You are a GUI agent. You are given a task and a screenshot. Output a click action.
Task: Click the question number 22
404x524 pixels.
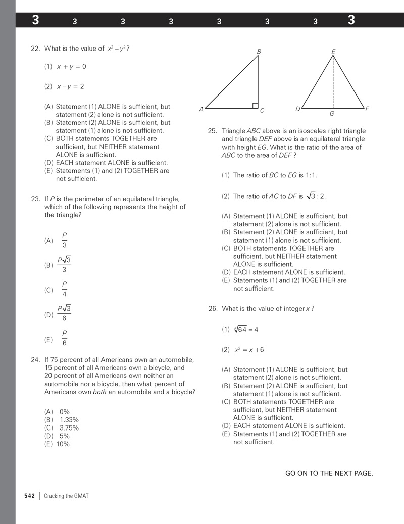click(35, 49)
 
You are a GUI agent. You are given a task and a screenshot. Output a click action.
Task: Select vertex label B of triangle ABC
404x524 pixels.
click(259, 52)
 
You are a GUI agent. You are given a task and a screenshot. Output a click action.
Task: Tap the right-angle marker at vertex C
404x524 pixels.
click(255, 105)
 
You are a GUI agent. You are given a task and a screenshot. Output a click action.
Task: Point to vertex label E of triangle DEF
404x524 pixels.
click(333, 52)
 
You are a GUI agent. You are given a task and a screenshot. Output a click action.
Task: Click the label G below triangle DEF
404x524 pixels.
click(332, 114)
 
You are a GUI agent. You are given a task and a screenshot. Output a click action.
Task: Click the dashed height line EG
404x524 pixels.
click(332, 83)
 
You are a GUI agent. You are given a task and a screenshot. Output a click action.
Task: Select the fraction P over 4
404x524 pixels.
click(64, 290)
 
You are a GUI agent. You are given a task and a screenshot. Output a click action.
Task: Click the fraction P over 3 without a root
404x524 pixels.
click(64, 240)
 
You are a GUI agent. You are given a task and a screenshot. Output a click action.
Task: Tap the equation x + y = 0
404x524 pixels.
click(71, 67)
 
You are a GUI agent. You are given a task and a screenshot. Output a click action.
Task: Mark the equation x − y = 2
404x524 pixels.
click(70, 86)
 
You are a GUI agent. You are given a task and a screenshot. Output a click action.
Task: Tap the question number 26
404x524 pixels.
click(213, 309)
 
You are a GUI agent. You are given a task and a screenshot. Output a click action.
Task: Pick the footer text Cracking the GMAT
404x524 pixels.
click(66, 496)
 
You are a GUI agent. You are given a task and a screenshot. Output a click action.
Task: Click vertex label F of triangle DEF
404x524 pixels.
click(367, 109)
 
